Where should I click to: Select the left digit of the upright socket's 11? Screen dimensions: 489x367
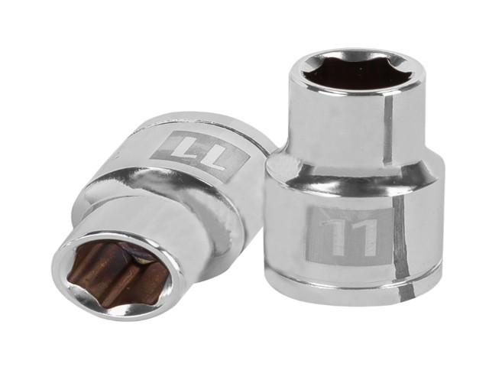pyautogui.click(x=336, y=235)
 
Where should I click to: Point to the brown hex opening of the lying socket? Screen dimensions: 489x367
pyautogui.click(x=121, y=274)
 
